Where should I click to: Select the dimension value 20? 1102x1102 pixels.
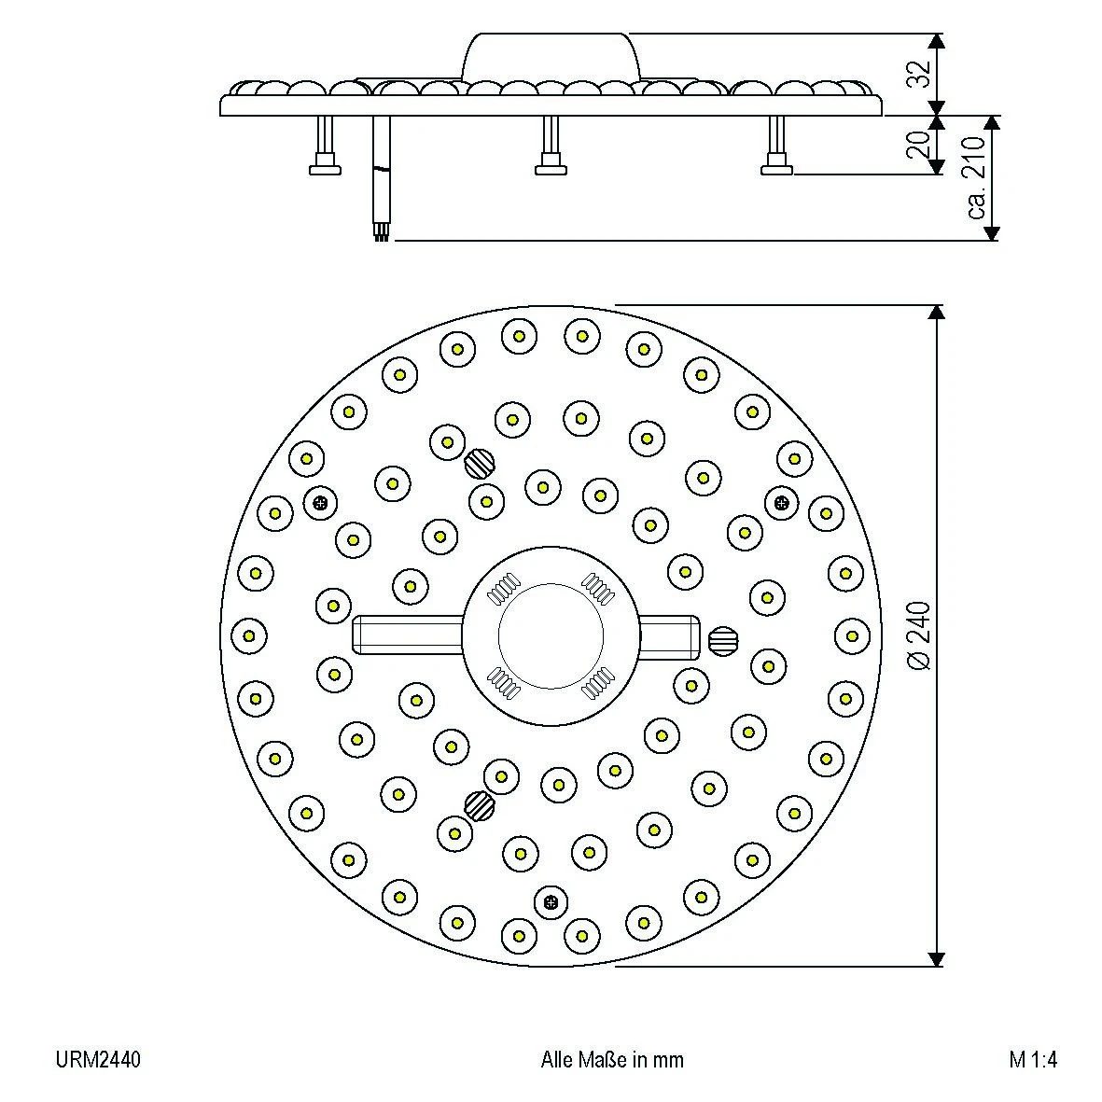tap(918, 145)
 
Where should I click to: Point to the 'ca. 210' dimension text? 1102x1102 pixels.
tap(975, 177)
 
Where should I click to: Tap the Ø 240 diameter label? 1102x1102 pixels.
tap(918, 635)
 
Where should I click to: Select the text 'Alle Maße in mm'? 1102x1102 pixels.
tap(611, 1060)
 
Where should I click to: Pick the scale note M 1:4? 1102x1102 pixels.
tap(1033, 1060)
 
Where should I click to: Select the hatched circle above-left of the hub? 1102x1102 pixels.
tap(480, 460)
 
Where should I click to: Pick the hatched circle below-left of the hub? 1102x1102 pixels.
tap(480, 803)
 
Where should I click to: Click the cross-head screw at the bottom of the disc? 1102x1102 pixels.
tap(551, 902)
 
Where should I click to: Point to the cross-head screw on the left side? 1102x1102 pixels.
tap(320, 503)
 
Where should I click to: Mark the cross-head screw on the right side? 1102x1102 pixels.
tap(782, 503)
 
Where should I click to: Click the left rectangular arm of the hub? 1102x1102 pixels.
tap(407, 635)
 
